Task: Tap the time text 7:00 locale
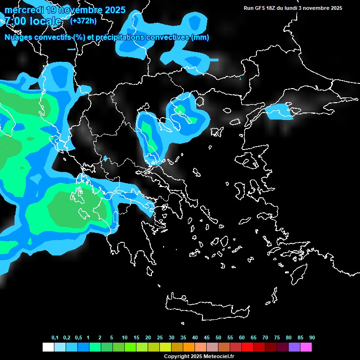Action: click(x=33, y=21)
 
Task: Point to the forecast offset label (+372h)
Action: click(x=84, y=21)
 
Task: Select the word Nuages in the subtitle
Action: click(x=19, y=37)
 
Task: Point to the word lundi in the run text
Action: click(x=290, y=8)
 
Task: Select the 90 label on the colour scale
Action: click(x=312, y=338)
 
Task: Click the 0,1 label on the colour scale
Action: click(x=55, y=338)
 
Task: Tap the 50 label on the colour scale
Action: click(x=218, y=338)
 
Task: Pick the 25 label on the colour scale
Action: click(x=160, y=338)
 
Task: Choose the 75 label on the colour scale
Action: click(x=277, y=338)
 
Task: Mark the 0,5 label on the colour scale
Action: click(x=78, y=338)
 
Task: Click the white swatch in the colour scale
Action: click(x=48, y=347)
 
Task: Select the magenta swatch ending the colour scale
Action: click(x=306, y=347)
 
